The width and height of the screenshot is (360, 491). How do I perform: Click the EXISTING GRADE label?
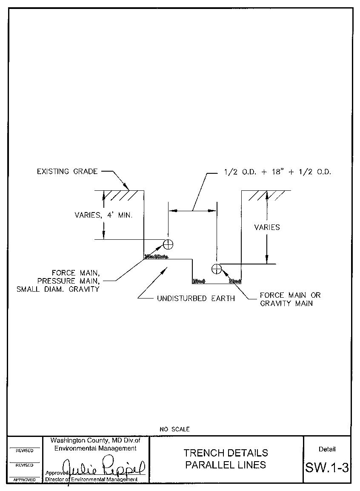tap(67, 172)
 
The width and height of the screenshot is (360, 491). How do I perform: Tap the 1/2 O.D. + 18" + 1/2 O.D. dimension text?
tap(277, 172)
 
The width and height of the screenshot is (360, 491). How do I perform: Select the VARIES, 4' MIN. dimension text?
tap(103, 215)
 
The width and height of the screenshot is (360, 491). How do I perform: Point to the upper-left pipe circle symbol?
tap(169, 244)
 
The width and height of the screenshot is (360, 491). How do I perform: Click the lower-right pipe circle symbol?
tap(217, 268)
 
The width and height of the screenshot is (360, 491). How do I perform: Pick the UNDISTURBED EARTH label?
tap(196, 299)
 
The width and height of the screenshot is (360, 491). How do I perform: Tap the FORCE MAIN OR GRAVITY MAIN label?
tap(290, 299)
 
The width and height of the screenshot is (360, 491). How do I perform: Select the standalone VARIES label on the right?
tap(267, 227)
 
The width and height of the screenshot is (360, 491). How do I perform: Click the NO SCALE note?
tap(174, 429)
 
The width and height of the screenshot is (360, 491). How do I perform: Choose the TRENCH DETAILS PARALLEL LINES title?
tap(226, 459)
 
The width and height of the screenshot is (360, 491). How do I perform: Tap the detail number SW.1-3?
tap(327, 468)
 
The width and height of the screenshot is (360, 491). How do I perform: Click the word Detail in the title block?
tap(327, 449)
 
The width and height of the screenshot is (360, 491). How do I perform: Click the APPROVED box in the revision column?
tap(24, 480)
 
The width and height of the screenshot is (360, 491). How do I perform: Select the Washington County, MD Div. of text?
tap(95, 440)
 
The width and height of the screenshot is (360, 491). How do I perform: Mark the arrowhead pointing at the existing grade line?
tap(126, 187)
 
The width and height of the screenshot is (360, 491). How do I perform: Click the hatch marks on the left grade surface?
tap(121, 195)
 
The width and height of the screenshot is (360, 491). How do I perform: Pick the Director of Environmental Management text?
tap(91, 480)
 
